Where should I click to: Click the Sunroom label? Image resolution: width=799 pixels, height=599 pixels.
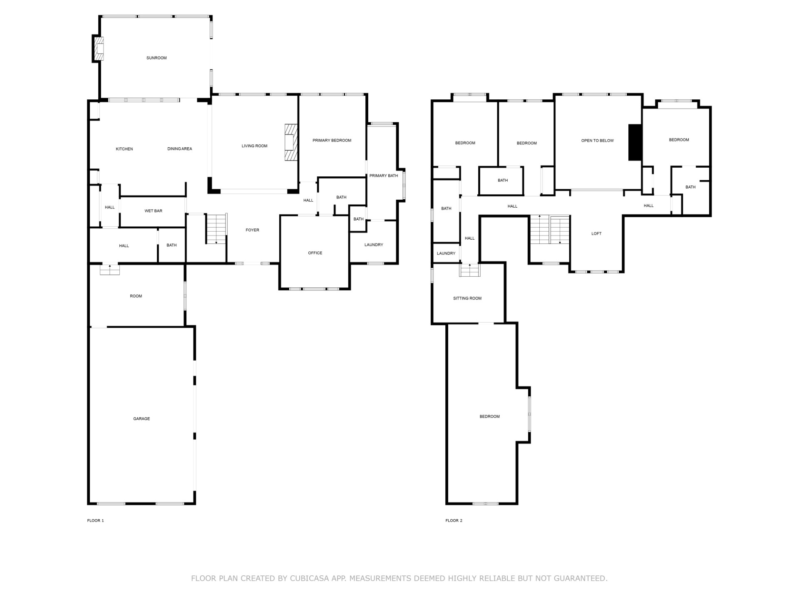point(156,58)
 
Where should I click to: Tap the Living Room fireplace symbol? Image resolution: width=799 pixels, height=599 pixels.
point(291,142)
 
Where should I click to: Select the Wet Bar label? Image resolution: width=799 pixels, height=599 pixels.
point(153,211)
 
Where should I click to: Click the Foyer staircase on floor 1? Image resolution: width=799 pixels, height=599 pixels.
point(217,229)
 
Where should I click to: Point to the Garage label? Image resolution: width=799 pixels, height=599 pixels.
point(141,419)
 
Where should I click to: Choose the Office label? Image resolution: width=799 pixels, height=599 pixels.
point(315,253)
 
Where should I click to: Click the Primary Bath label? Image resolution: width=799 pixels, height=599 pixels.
point(384,176)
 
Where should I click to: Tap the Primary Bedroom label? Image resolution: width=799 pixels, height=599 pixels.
point(332,141)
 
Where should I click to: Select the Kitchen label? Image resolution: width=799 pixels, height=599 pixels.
point(124,149)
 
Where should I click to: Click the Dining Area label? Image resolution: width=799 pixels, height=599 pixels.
point(180,149)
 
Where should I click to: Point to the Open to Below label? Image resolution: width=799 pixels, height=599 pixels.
point(598,141)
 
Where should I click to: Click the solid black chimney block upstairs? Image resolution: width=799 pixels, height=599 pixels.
point(635,142)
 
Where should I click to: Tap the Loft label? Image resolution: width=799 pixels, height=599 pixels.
point(596,234)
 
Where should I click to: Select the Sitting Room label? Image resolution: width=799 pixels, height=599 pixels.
point(467,298)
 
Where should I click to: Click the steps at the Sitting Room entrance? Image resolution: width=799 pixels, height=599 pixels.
point(470,270)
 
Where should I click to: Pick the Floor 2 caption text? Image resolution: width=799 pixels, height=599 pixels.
point(454,520)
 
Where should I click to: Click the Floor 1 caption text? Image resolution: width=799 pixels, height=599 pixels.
point(95,520)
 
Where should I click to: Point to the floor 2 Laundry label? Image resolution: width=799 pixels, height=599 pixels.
point(446,253)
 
